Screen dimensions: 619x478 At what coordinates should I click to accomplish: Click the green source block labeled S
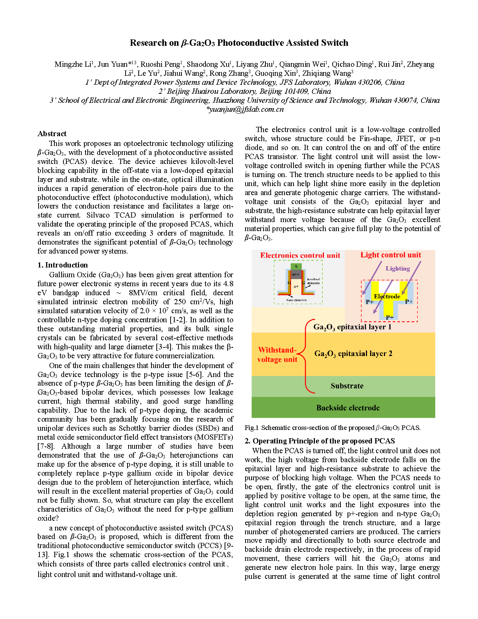(296, 266)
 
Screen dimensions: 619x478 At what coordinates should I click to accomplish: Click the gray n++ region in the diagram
(296, 274)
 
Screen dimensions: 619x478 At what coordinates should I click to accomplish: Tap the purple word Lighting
(398, 268)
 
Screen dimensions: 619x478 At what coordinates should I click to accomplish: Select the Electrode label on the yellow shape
(387, 296)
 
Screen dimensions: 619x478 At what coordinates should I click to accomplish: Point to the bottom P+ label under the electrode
(390, 317)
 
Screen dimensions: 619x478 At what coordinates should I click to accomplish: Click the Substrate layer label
(347, 386)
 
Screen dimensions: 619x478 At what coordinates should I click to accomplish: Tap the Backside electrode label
(348, 408)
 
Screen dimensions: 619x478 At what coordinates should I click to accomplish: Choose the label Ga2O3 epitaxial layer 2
(353, 353)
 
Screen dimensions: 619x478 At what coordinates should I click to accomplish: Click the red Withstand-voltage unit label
(277, 355)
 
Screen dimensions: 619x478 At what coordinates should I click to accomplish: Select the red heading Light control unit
(391, 255)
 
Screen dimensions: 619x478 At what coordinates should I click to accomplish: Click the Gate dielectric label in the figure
(297, 300)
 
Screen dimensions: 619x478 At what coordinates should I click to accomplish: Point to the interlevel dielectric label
(313, 281)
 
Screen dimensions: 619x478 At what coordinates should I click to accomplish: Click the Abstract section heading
(52, 134)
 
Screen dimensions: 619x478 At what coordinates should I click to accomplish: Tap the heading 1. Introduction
(63, 265)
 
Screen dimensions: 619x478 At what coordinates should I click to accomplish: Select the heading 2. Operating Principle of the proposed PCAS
(320, 441)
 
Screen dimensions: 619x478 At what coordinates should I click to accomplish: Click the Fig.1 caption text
(333, 428)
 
